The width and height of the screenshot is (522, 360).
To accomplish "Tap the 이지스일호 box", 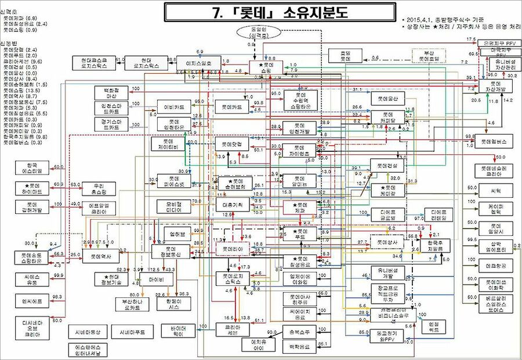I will pos(198,62).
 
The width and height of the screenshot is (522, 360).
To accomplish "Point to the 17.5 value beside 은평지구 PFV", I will pos(470,39).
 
